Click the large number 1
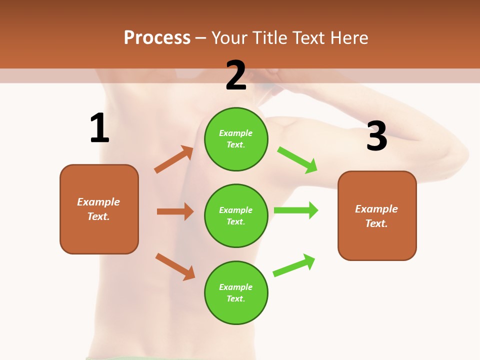coord(99,128)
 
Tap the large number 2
coord(236,75)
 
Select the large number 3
coord(376,136)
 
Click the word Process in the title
coord(157,37)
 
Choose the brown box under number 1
coord(99,209)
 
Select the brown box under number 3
coord(377,215)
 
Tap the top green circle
coord(236,139)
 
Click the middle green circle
coord(236,215)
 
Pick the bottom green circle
coord(236,292)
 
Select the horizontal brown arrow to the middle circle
coord(175,211)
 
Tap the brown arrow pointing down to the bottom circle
coord(175,266)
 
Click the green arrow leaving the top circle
coord(297,160)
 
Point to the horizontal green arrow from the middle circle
coord(296,210)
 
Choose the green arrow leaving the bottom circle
coord(294,265)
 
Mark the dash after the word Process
coord(201,38)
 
